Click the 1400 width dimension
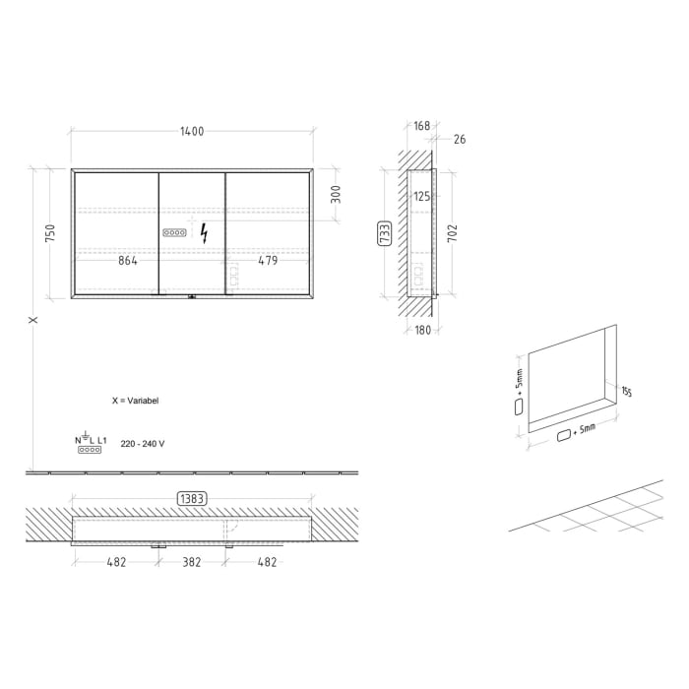[x=193, y=132]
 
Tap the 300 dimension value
[x=335, y=194]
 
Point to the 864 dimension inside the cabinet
[x=127, y=261]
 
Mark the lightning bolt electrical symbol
[x=204, y=233]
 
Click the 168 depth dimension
[x=421, y=125]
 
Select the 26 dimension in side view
[x=460, y=140]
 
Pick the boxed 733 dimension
[x=385, y=233]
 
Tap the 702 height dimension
[x=453, y=233]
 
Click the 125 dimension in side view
[x=421, y=197]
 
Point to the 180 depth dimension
[x=420, y=329]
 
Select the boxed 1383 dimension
[x=192, y=499]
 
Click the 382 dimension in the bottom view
[x=191, y=562]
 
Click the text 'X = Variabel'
[x=136, y=402]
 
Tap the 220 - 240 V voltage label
[x=144, y=444]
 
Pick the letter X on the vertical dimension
[x=32, y=320]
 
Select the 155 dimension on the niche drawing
[x=626, y=393]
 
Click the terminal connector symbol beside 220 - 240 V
[x=90, y=449]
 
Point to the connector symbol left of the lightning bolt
[x=174, y=233]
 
